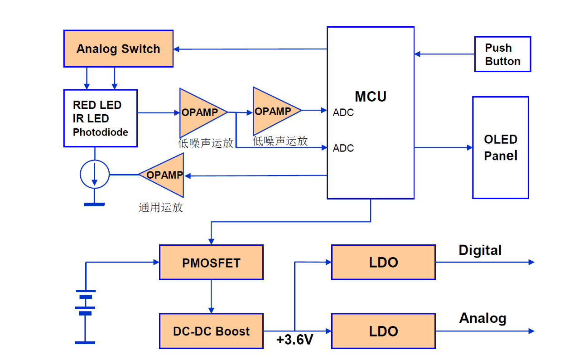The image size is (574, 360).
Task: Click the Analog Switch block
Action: (118, 49)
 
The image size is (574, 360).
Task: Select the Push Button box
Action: (502, 54)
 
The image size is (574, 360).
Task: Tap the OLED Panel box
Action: (501, 147)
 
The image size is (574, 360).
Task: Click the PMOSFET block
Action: (211, 263)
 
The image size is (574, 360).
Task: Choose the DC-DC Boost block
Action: (211, 331)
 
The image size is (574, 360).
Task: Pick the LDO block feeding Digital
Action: (383, 263)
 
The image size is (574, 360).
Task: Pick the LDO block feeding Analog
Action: (383, 331)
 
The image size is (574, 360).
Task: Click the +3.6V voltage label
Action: (294, 340)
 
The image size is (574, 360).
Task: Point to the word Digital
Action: (480, 250)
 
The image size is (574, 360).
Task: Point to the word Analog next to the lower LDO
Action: (482, 318)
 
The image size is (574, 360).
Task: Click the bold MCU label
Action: (371, 97)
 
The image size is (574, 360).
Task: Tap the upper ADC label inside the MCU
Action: (343, 113)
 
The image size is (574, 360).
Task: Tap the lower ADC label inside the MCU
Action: (343, 148)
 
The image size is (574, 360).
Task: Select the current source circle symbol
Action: (95, 175)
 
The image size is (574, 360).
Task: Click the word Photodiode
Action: (101, 132)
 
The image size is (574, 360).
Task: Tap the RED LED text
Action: (97, 105)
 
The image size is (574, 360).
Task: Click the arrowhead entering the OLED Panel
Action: (470, 147)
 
